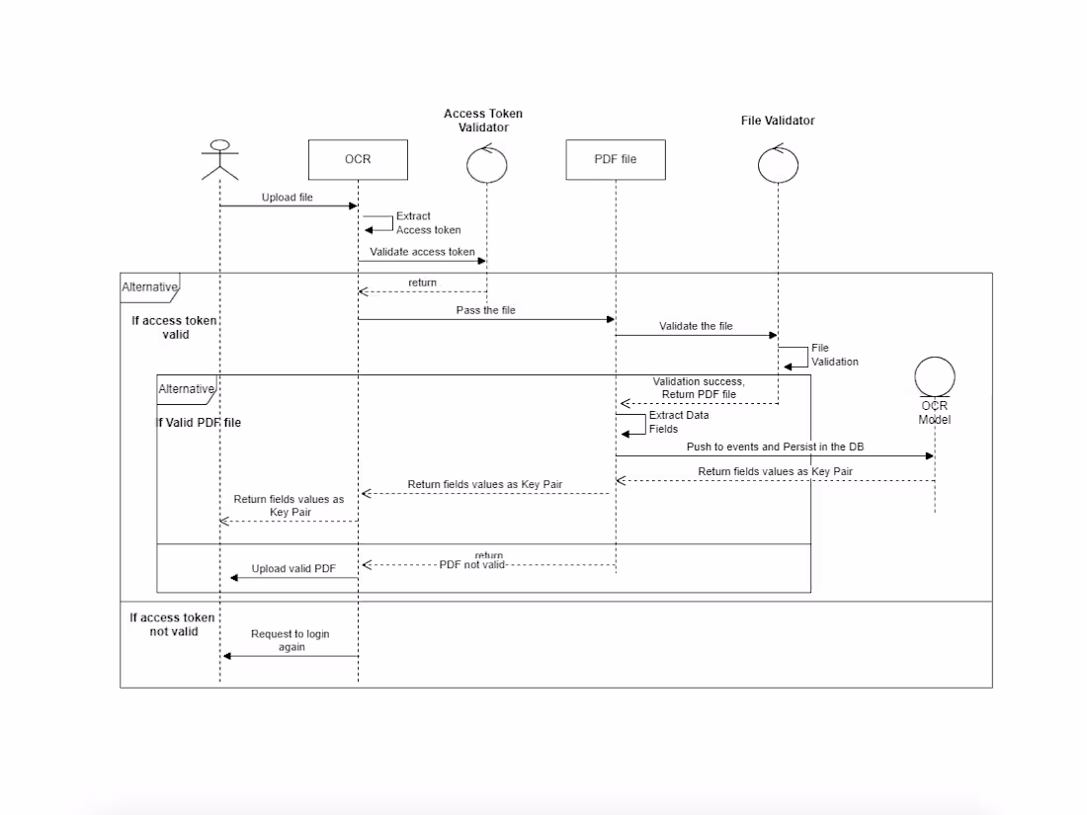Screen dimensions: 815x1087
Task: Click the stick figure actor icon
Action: coord(219,160)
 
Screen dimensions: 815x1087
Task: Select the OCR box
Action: coord(358,159)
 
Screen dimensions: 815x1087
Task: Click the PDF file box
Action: coord(615,159)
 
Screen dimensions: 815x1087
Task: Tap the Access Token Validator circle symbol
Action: coord(486,163)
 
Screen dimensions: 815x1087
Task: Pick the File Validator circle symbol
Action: coord(778,163)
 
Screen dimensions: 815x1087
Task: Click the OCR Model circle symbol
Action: coord(934,377)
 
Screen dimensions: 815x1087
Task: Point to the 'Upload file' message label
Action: coord(287,198)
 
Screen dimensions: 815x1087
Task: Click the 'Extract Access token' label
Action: coord(428,222)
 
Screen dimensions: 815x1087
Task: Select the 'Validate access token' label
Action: coord(422,252)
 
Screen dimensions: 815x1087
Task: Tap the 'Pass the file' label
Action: coord(485,310)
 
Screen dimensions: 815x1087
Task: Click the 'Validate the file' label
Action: coord(696,326)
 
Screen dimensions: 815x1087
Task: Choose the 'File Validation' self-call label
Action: coord(834,355)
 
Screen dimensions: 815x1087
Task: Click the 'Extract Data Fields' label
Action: coord(678,422)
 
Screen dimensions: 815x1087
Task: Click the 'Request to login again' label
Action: coord(290,640)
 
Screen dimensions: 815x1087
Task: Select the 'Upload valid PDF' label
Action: coord(293,569)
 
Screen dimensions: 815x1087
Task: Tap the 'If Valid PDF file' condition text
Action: coord(199,423)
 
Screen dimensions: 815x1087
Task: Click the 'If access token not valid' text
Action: coord(173,624)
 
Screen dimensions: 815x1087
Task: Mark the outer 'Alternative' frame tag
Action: coord(149,287)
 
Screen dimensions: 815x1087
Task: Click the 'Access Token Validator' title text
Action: coord(483,121)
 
